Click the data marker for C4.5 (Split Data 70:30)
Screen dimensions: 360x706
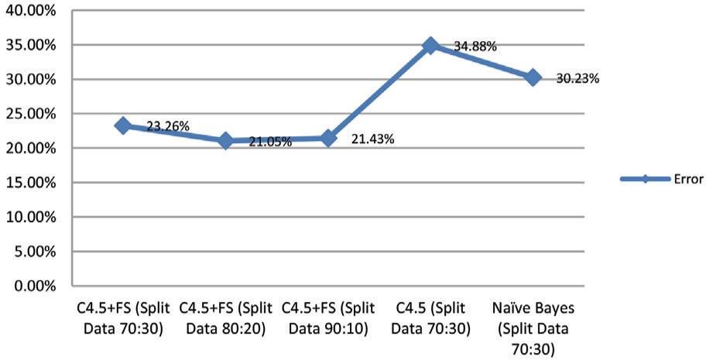pyautogui.click(x=430, y=46)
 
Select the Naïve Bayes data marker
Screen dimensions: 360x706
pyautogui.click(x=533, y=77)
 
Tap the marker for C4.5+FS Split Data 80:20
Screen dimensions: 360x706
pyautogui.click(x=225, y=141)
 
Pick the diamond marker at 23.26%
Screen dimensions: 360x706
pyautogui.click(x=122, y=125)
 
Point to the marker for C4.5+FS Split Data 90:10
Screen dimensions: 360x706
pyautogui.click(x=327, y=139)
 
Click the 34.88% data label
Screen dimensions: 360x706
pyautogui.click(x=475, y=46)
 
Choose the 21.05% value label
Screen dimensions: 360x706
pyautogui.click(x=269, y=142)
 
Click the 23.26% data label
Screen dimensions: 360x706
pyautogui.click(x=168, y=126)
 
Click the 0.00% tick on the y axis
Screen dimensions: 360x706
pyautogui.click(x=32, y=286)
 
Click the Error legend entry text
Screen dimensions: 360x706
pyautogui.click(x=687, y=179)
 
